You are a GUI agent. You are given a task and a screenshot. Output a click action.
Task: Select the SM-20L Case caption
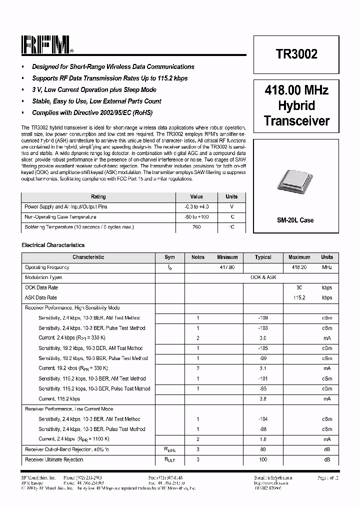click(295, 220)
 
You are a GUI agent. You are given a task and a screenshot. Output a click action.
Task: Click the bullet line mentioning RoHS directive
click(92, 112)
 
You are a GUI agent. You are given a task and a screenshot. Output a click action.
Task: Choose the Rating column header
click(98, 196)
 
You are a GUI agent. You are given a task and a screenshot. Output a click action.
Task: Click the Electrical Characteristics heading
click(53, 245)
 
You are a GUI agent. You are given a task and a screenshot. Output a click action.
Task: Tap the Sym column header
click(169, 257)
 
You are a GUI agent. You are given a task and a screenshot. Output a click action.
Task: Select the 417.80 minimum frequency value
click(227, 267)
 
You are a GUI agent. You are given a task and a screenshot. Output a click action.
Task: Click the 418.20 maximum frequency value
click(299, 267)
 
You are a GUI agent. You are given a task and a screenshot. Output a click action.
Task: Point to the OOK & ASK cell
click(263, 277)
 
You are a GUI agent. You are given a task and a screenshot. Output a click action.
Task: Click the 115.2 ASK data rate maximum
click(299, 297)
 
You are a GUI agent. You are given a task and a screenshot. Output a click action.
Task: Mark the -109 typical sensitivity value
click(263, 318)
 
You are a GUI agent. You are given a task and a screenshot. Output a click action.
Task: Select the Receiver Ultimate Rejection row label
click(54, 459)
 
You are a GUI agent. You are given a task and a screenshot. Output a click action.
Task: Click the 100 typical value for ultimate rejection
click(263, 459)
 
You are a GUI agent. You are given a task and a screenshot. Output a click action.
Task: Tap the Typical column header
click(263, 257)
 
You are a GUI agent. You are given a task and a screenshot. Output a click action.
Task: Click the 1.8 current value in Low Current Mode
click(263, 439)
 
